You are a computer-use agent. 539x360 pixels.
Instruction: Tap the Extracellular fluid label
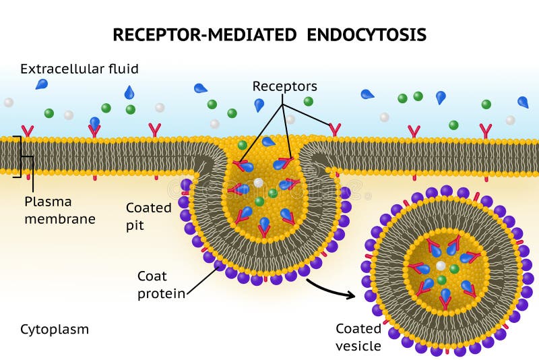pos(80,69)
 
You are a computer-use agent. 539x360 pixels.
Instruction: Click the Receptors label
pos(284,86)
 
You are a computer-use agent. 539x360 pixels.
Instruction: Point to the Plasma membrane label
pos(60,210)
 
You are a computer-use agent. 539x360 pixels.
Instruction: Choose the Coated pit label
pos(148,216)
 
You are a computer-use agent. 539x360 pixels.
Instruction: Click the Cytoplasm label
pos(55,330)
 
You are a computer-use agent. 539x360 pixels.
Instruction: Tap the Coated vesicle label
pos(358,337)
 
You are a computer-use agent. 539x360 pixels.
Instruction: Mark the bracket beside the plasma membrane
pos(20,156)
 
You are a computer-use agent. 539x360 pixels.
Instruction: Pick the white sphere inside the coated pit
pos(258,183)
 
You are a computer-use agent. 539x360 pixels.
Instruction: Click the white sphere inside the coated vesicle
pos(441,266)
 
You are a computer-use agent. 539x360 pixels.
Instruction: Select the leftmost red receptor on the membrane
pos(28,131)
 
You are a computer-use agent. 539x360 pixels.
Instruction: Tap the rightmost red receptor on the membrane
pos(485,130)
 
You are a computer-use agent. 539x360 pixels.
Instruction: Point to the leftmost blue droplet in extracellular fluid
pos(42,84)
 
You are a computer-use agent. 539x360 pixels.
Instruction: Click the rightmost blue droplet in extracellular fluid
pos(523,102)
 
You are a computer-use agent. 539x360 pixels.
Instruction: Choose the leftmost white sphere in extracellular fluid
pos(8,102)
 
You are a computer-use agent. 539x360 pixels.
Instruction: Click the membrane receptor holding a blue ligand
pos(94,128)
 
